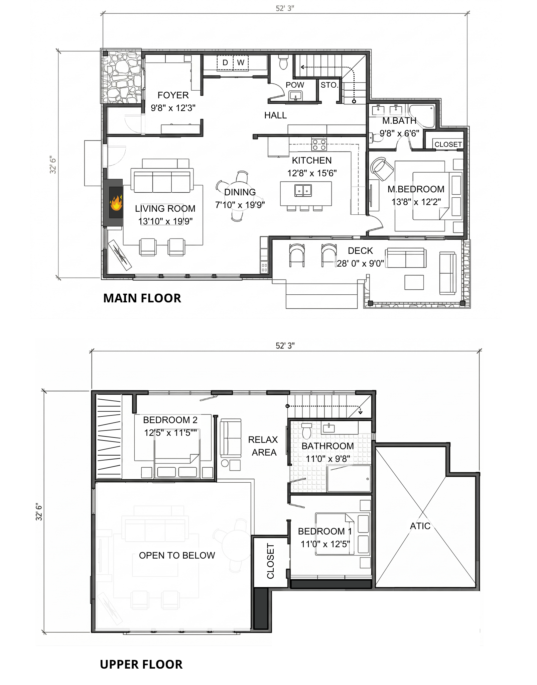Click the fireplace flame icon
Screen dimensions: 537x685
pos(116,203)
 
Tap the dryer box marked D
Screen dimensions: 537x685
pos(225,63)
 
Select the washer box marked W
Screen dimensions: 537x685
pos(241,63)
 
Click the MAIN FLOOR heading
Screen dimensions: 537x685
pos(142,298)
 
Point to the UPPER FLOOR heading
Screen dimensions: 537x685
pos(141,664)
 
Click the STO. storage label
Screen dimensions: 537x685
pos(329,85)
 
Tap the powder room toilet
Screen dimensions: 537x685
pos(283,62)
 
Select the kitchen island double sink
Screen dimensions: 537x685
pos(303,190)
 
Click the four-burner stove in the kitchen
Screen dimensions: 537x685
pos(319,145)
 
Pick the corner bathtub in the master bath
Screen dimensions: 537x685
pos(422,116)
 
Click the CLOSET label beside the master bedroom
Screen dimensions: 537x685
pos(448,144)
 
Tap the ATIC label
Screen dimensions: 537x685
pos(420,526)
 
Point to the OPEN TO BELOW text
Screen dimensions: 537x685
pos(177,556)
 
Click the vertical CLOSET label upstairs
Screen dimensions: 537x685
pos(270,561)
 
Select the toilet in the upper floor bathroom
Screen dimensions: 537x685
pos(306,431)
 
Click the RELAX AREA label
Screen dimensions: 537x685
pos(263,446)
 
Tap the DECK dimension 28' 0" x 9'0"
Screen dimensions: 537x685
pos(360,264)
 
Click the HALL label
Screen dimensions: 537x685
pos(275,115)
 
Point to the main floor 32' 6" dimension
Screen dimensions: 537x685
pos(53,165)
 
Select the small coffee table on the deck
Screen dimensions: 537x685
pos(414,282)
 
